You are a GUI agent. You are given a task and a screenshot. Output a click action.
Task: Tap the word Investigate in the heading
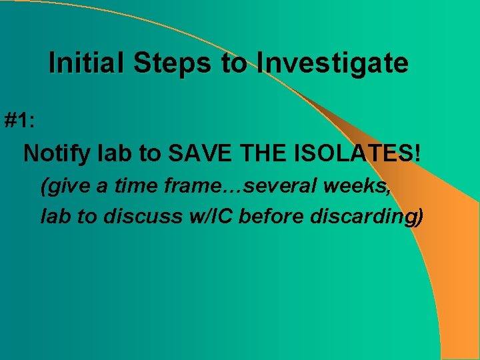click(x=333, y=63)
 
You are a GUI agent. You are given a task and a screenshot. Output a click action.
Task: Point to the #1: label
click(x=21, y=121)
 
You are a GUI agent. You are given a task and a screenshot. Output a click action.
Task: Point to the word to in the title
click(x=234, y=63)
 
